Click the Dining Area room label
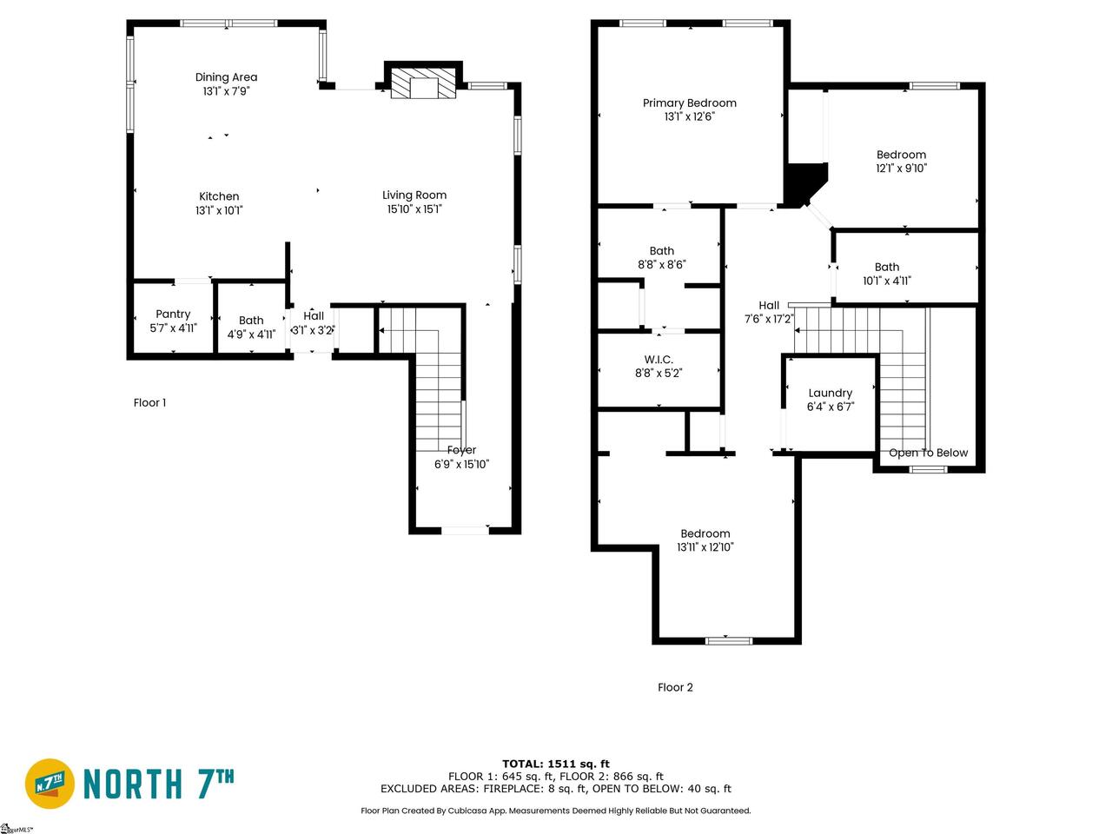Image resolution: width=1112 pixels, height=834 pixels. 226,77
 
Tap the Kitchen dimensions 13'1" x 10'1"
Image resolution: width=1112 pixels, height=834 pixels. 219,210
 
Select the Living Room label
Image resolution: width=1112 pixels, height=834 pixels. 414,195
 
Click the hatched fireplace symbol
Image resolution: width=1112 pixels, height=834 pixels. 423,83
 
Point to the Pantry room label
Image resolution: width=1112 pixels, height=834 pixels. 173,314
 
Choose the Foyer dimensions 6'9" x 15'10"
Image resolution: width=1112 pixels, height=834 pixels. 461,464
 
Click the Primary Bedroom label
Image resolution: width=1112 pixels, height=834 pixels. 690,103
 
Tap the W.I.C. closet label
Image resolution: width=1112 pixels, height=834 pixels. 659,360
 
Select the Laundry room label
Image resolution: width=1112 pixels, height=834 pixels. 831,394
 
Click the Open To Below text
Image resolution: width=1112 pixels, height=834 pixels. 928,453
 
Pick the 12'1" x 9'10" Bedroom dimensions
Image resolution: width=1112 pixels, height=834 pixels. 901,169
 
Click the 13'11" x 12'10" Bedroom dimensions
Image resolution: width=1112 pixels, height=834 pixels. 705,547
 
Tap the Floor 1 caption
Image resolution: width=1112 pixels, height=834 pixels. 149,402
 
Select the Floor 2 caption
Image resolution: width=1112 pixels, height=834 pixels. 675,687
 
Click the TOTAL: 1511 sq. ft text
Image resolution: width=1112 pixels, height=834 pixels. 556,764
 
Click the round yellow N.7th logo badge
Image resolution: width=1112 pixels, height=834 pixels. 50,784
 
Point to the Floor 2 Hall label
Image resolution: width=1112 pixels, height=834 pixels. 769,305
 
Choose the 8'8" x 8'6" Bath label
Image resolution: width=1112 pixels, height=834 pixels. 662,251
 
